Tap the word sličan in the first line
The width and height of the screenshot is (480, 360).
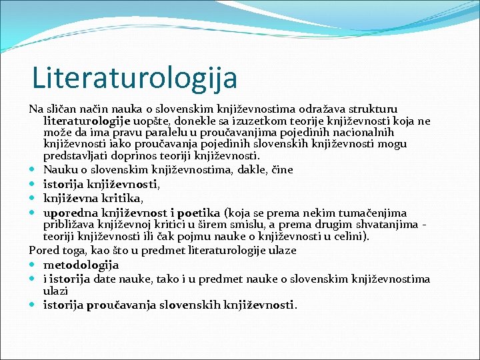click(59, 108)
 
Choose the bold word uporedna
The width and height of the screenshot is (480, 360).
click(68, 213)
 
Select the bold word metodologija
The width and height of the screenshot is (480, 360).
click(81, 265)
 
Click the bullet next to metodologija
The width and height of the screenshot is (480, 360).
click(33, 265)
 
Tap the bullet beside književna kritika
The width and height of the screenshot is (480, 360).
click(33, 198)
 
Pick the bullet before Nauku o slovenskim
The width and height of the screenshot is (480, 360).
click(33, 169)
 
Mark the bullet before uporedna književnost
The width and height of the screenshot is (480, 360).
click(33, 213)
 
